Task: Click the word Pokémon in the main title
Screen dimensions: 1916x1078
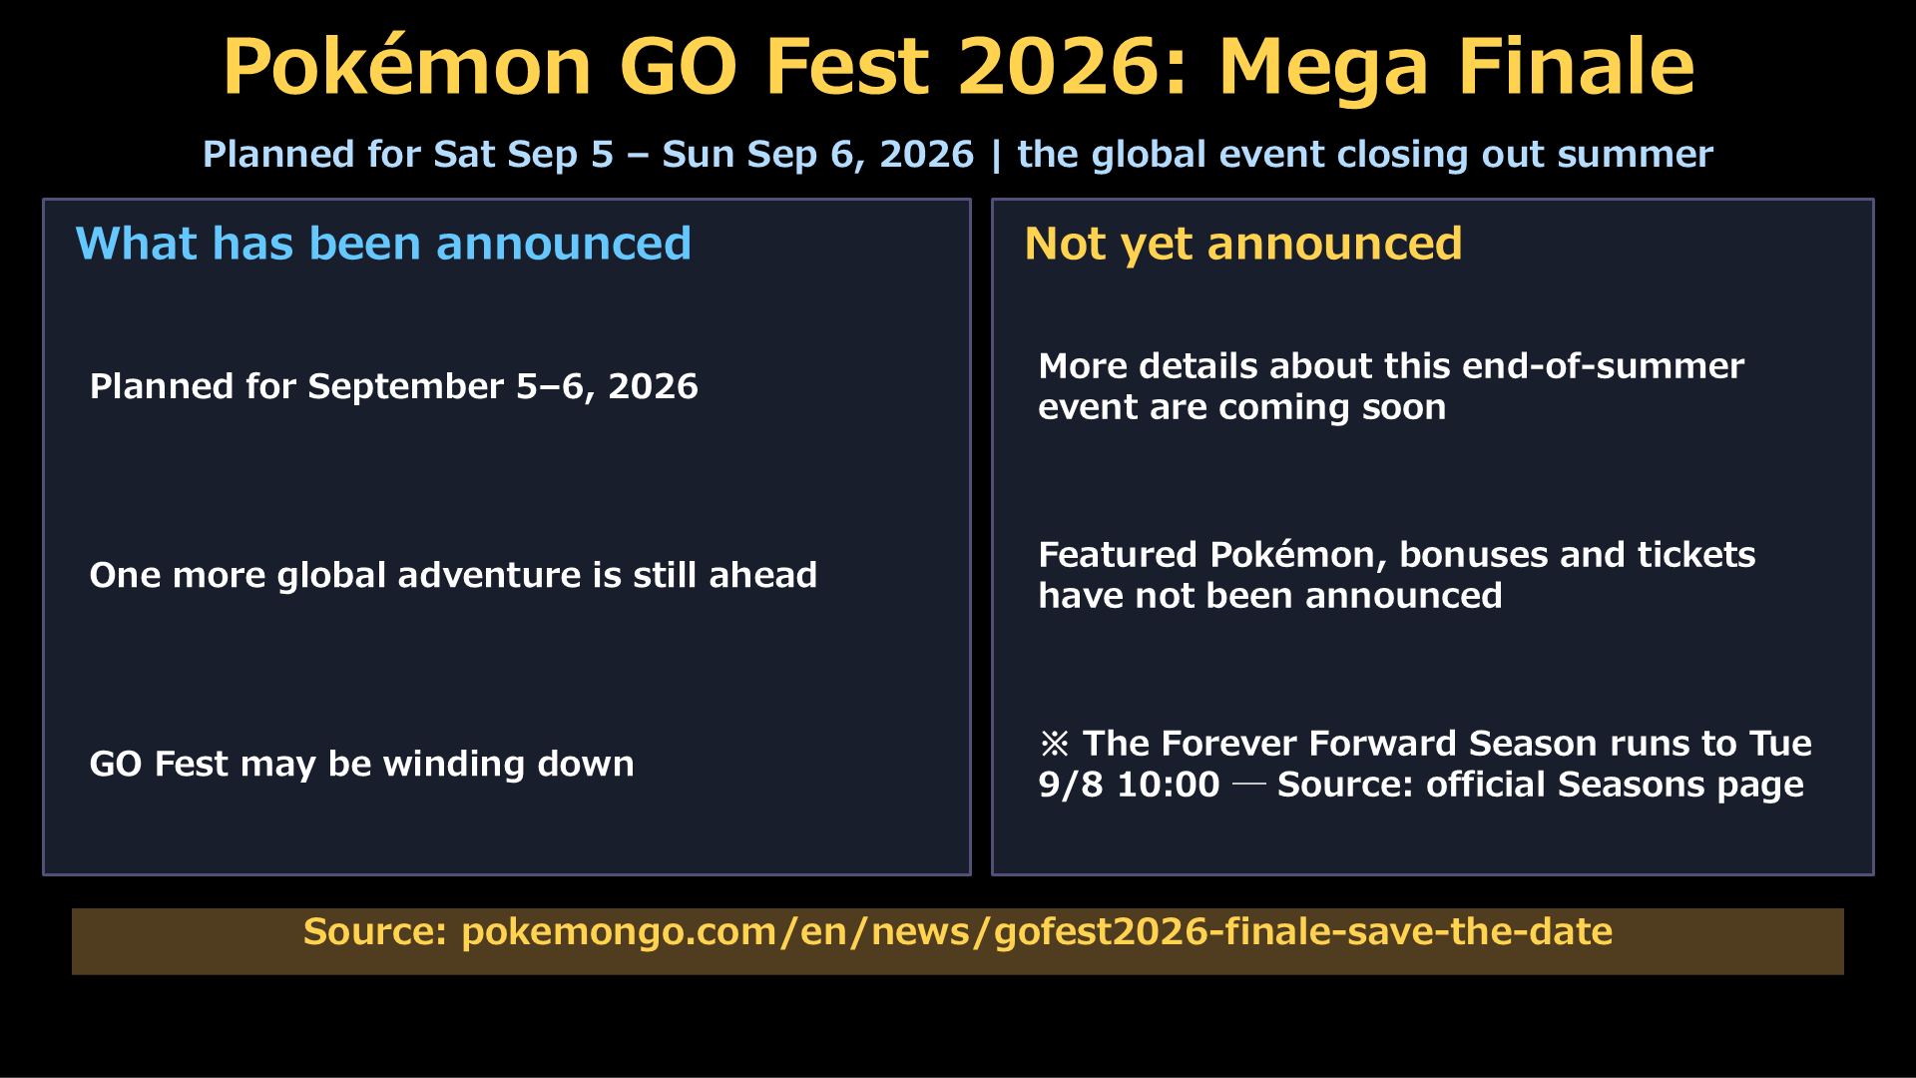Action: (407, 67)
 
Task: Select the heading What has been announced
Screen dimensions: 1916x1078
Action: (383, 244)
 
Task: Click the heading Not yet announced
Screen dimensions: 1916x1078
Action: (1243, 245)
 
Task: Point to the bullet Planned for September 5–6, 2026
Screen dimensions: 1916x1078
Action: (394, 387)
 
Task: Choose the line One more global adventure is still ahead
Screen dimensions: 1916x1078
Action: (453, 576)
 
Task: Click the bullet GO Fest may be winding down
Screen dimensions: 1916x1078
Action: (361, 765)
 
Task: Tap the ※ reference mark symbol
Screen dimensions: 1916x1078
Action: (1055, 744)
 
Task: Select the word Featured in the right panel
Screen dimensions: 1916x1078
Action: (1118, 555)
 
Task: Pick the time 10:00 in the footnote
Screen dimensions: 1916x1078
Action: (1168, 785)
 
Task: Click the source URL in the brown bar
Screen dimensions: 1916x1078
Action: (1037, 932)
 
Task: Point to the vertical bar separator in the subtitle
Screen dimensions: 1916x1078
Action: (996, 156)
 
